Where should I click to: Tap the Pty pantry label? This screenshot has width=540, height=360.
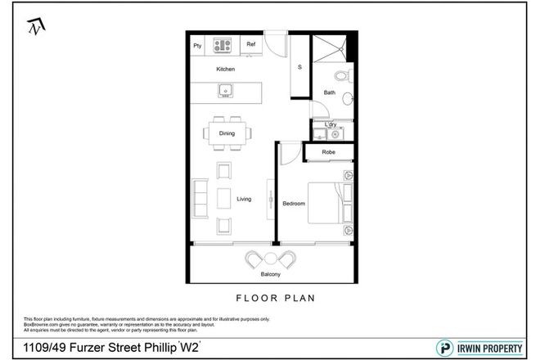[197, 46]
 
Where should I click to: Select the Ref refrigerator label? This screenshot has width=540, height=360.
[251, 45]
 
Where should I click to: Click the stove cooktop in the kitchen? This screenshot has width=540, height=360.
[223, 45]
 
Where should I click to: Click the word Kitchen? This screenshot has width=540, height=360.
[225, 70]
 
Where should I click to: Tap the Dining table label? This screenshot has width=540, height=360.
[227, 132]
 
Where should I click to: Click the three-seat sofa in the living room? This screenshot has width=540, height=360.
[199, 199]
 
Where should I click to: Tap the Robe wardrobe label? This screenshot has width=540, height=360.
[328, 152]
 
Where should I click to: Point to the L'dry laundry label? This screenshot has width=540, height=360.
[331, 124]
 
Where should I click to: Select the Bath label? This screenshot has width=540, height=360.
[329, 92]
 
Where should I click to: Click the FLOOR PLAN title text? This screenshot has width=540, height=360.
[270, 299]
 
